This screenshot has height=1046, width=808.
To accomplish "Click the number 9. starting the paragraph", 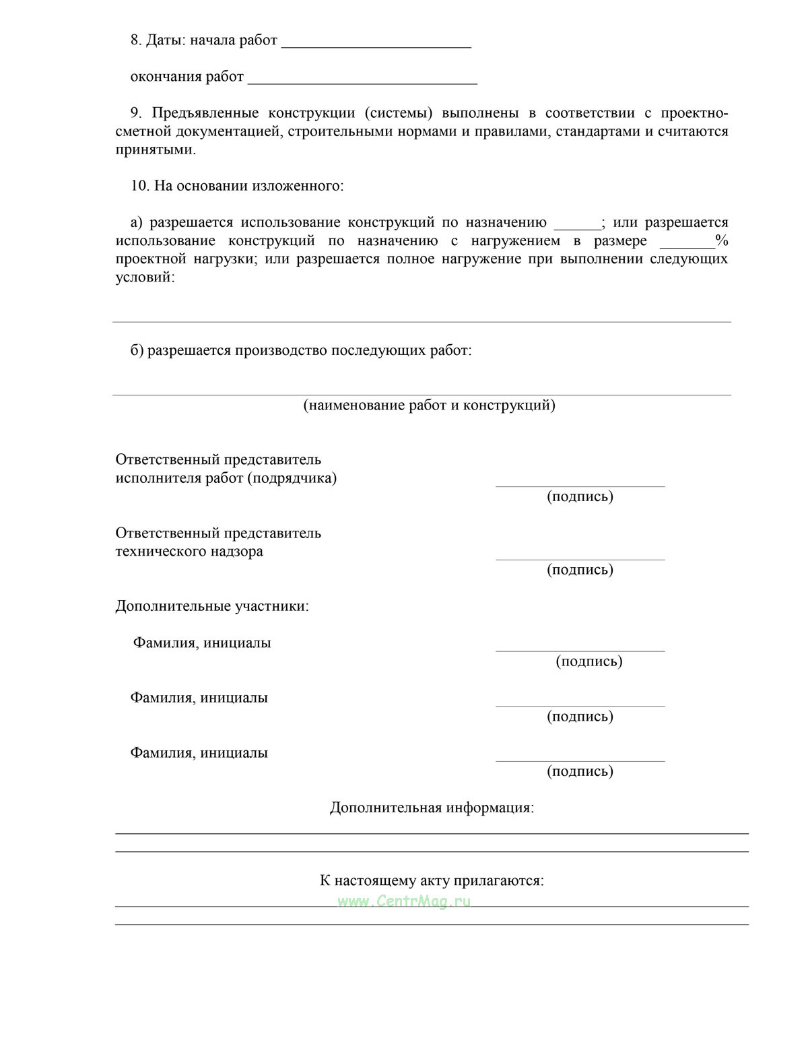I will click(135, 112).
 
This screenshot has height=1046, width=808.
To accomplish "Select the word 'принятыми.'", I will click(156, 150).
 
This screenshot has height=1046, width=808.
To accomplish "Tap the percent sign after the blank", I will click(722, 240).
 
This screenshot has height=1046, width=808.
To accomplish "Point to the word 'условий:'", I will click(145, 277).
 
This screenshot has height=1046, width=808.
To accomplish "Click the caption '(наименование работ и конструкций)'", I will click(429, 405).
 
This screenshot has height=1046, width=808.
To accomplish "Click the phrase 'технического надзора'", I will click(189, 551).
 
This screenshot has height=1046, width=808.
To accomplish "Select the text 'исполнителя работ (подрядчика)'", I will click(226, 478).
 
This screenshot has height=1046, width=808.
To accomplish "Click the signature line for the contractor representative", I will click(580, 485).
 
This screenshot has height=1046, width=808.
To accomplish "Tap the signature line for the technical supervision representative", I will click(580, 558).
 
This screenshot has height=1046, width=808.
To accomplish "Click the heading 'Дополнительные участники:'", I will click(212, 606).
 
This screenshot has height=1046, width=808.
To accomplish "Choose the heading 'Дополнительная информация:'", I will click(432, 807).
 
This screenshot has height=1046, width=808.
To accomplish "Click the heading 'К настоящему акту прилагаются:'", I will click(432, 880).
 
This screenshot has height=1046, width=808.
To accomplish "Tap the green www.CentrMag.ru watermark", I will click(404, 901).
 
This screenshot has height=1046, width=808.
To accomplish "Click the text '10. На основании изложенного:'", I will click(237, 185).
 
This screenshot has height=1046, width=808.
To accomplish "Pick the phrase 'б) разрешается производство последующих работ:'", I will click(301, 350).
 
